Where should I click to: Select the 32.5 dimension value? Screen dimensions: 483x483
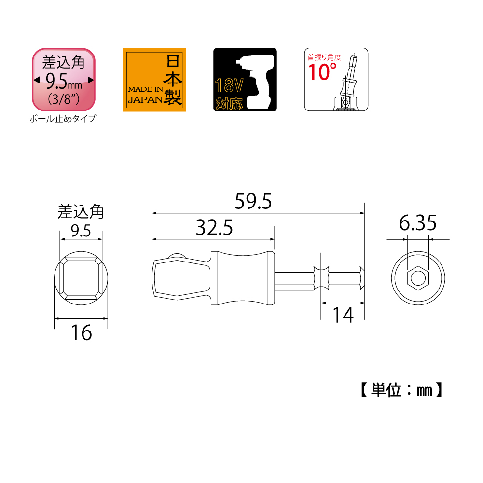pos(214,227)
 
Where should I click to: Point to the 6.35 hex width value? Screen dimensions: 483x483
pos(418,223)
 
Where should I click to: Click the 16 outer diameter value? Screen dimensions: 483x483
pos(81,332)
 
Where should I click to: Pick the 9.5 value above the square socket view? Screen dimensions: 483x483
pos(81,231)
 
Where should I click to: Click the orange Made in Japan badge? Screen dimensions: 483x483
pos(154,80)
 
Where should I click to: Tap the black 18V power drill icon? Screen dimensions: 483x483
pos(245,80)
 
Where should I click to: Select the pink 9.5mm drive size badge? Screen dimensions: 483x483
pos(64,79)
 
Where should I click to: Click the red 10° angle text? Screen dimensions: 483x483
pos(322,72)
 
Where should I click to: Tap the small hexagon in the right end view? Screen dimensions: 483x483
pos(418,278)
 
